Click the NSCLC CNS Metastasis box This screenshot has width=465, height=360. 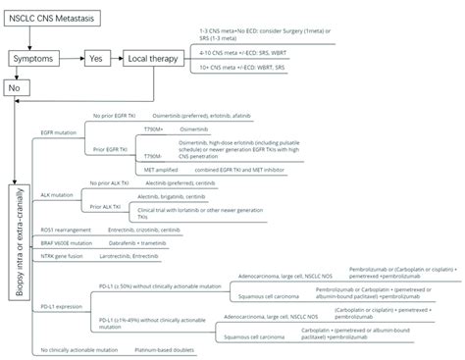[49, 19]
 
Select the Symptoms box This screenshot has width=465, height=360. [33, 60]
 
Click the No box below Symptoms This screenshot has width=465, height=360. [15, 87]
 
